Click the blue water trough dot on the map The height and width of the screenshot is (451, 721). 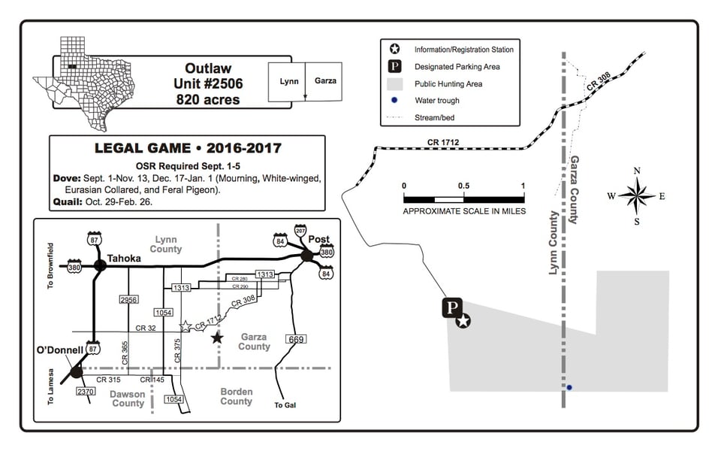(x=569, y=388)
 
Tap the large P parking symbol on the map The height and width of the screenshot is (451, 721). (x=452, y=307)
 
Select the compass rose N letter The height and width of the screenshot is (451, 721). (x=637, y=171)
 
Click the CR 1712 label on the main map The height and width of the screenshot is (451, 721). (x=443, y=142)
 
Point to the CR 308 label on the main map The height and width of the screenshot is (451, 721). (x=599, y=81)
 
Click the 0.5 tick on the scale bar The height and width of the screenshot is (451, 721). (x=463, y=186)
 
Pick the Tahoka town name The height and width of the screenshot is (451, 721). (x=124, y=258)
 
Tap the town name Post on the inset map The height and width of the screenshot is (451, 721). (x=318, y=239)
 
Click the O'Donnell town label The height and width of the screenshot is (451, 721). (x=60, y=350)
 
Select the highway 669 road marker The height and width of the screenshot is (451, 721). (x=296, y=339)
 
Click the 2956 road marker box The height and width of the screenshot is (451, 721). (x=128, y=300)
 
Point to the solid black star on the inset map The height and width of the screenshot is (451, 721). (x=217, y=338)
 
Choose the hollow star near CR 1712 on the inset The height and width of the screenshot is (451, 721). (x=185, y=326)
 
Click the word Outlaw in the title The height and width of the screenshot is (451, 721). (x=208, y=68)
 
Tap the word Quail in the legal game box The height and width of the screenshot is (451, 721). (x=68, y=201)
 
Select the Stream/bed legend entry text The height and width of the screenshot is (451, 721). (x=435, y=117)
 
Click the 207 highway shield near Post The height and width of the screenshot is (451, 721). (x=300, y=231)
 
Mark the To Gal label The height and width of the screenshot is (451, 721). (x=285, y=405)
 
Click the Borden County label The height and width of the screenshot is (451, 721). (x=237, y=396)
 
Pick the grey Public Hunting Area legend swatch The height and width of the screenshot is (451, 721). (x=394, y=83)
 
